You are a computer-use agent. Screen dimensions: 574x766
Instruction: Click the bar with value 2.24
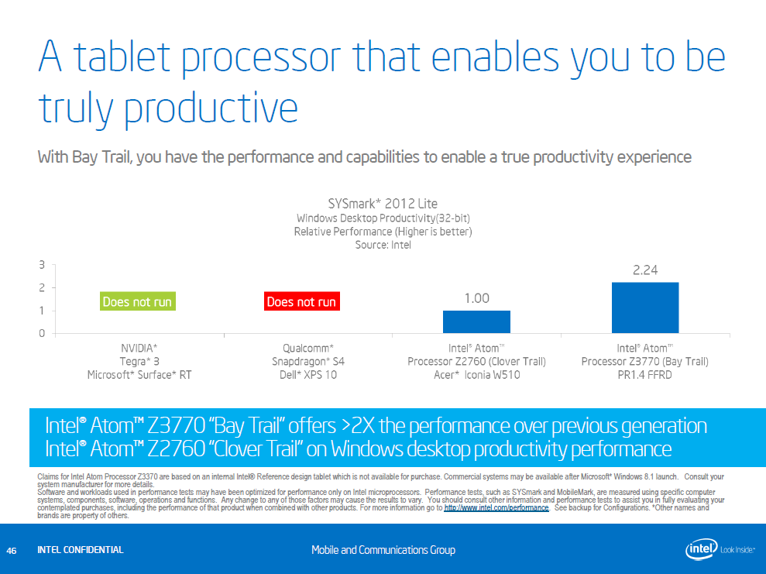click(645, 308)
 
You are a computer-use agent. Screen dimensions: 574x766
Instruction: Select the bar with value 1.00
click(476, 321)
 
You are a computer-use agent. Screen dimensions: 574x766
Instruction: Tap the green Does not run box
click(137, 301)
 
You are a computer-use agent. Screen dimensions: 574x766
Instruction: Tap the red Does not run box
click(301, 301)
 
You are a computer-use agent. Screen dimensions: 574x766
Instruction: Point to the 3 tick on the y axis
click(41, 265)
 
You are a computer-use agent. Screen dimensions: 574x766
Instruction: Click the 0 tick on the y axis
click(41, 333)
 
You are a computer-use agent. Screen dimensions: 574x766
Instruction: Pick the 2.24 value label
click(645, 270)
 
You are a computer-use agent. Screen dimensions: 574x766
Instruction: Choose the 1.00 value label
click(476, 298)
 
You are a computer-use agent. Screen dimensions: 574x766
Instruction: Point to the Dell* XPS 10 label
click(307, 375)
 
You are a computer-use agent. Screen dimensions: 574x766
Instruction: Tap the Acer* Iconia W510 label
click(476, 375)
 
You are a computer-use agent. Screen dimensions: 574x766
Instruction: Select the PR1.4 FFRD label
click(644, 375)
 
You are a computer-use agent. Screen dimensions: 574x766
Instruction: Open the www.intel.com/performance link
click(496, 508)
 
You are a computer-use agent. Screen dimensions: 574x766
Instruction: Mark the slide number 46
click(12, 550)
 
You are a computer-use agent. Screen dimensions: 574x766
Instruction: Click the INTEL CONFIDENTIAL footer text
click(80, 550)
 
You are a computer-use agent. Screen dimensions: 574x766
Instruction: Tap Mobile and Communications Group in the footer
click(383, 550)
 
